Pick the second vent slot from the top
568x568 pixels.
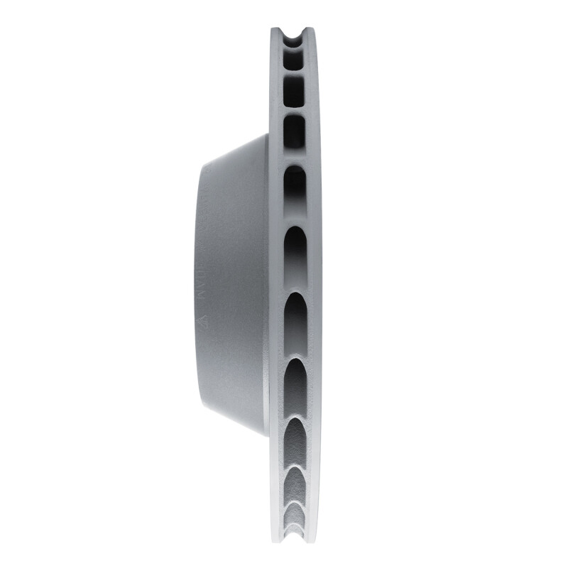point(295,91)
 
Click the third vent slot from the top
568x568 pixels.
point(295,132)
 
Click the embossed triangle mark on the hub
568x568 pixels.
point(203,319)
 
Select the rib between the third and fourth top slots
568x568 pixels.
point(295,158)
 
